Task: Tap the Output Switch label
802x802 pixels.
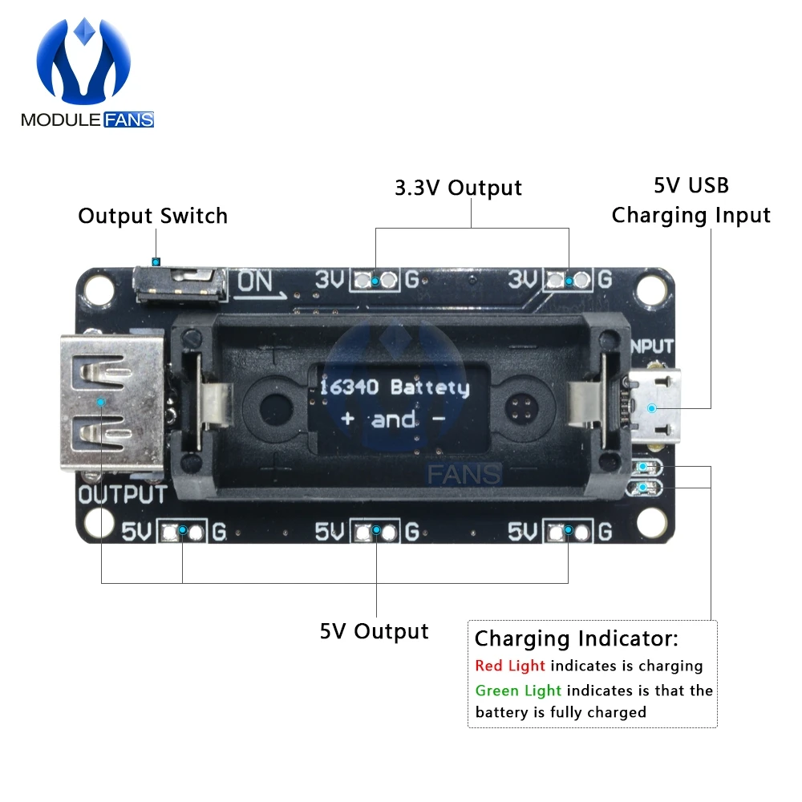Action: pos(152,216)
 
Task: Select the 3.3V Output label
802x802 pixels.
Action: pos(458,188)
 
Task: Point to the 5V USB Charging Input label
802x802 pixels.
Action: pos(691,200)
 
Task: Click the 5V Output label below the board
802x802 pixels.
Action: pos(374,631)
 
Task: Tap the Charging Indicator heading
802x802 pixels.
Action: pos(576,639)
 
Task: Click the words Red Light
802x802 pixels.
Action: pos(509,666)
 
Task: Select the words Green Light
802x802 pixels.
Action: pos(518,691)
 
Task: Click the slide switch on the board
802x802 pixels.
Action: pos(179,285)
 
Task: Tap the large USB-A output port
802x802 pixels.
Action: pos(112,401)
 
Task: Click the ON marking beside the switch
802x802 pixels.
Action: pos(256,282)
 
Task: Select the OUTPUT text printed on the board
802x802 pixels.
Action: pos(123,494)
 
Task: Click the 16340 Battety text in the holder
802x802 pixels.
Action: pos(394,387)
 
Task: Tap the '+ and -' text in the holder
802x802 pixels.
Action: pos(393,419)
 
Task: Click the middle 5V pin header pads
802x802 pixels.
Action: pos(375,531)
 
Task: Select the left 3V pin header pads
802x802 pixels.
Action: pos(375,281)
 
